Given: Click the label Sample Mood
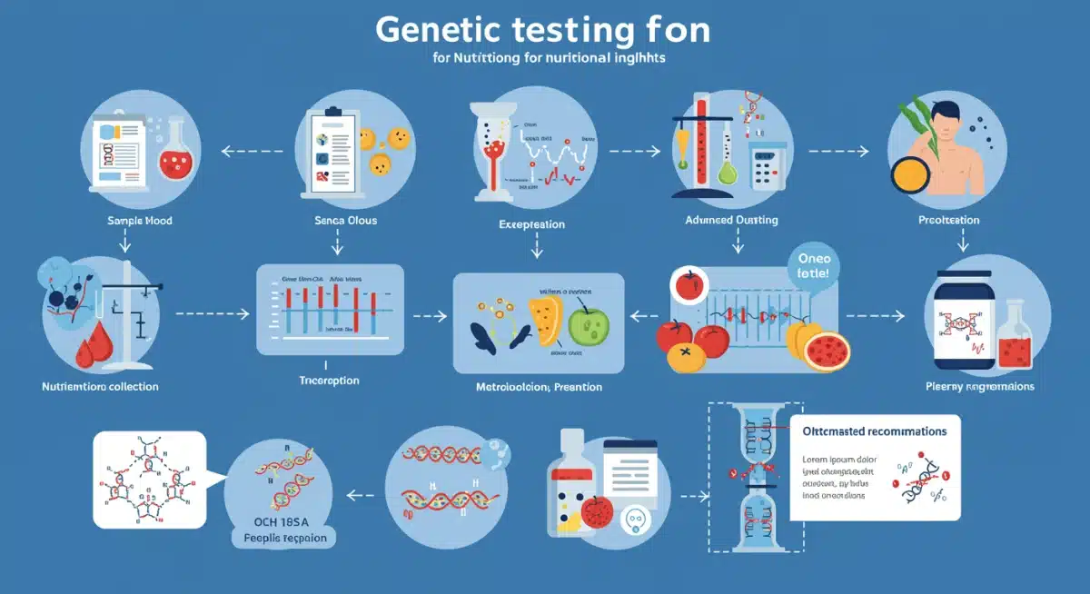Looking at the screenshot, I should [139, 221].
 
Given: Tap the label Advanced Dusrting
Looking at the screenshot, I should [732, 220].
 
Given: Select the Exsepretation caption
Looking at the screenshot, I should [531, 223].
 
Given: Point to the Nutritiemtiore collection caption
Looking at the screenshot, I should [100, 386].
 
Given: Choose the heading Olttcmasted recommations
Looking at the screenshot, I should [875, 431].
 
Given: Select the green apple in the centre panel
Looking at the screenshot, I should [587, 324].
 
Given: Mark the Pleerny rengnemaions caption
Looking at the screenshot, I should [979, 386].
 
